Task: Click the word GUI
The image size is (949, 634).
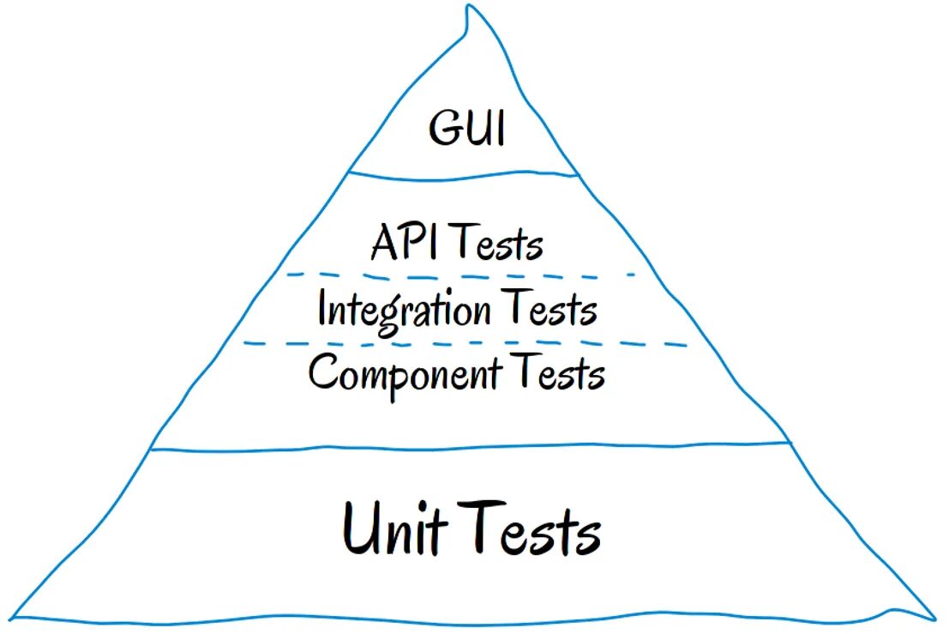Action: (x=467, y=130)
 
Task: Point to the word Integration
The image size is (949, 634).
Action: (x=405, y=309)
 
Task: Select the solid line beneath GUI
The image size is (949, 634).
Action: (x=464, y=177)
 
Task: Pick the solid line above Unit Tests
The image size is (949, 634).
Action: (x=470, y=447)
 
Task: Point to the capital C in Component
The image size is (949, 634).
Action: (x=323, y=374)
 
